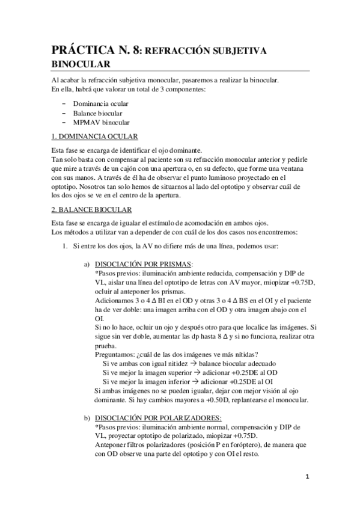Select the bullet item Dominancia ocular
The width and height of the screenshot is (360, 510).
(102, 103)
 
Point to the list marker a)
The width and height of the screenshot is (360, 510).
(87, 263)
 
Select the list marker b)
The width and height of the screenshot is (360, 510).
(87, 417)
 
